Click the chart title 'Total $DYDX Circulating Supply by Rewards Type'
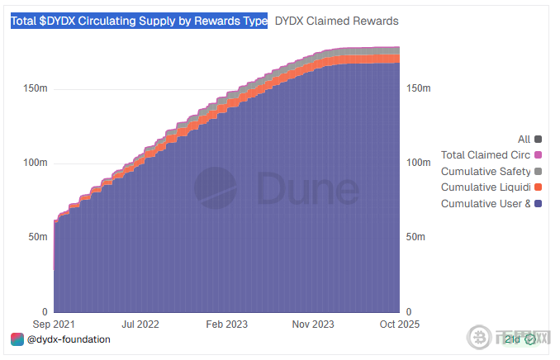139,21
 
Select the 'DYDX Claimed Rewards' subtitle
336,21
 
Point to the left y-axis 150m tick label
33,88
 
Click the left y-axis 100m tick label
33,163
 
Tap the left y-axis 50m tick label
36,237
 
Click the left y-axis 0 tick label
43,312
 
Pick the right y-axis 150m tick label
420,88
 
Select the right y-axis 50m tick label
418,237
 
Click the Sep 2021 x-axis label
54,324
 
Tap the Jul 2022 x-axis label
140,324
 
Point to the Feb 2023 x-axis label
226,324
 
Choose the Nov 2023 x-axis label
313,324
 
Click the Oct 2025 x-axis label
400,324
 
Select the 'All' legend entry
524,140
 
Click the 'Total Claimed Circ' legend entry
486,155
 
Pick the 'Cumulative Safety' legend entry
486,172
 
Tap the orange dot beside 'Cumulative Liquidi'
539,187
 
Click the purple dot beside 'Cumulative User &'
539,204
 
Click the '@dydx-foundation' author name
69,339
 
